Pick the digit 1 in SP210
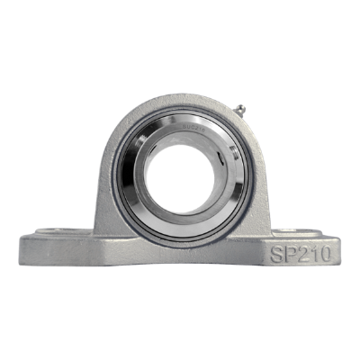315,254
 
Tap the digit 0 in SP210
325,254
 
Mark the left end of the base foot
22,247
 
